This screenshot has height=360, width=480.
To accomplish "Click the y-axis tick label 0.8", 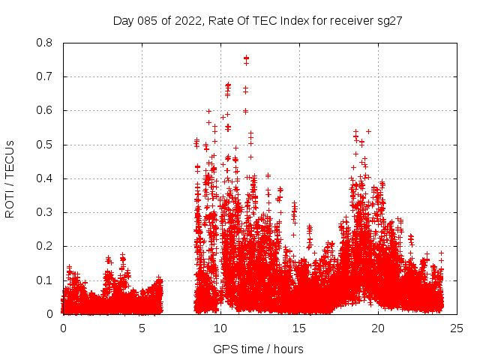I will click(x=46, y=43).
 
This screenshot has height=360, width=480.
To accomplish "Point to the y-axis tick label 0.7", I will click(x=46, y=76).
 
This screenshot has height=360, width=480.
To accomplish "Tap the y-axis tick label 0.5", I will click(x=46, y=145).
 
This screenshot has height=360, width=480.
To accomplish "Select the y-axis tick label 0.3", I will click(x=46, y=212).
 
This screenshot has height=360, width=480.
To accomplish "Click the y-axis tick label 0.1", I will click(x=46, y=280).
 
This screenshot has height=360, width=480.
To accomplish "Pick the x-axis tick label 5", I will click(x=142, y=328).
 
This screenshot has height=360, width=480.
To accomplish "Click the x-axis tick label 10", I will click(x=220, y=328).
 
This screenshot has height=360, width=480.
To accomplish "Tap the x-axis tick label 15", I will click(x=299, y=328).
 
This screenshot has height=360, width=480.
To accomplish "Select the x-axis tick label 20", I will click(x=378, y=328).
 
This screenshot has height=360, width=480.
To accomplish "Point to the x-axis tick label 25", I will click(x=457, y=328).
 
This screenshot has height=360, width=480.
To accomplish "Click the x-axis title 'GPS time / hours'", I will click(x=258, y=349).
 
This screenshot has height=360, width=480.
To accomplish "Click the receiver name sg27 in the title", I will click(x=391, y=21).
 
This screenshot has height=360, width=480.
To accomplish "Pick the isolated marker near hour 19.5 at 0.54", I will click(x=368, y=131).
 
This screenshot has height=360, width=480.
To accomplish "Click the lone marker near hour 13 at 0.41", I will click(x=268, y=175).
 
